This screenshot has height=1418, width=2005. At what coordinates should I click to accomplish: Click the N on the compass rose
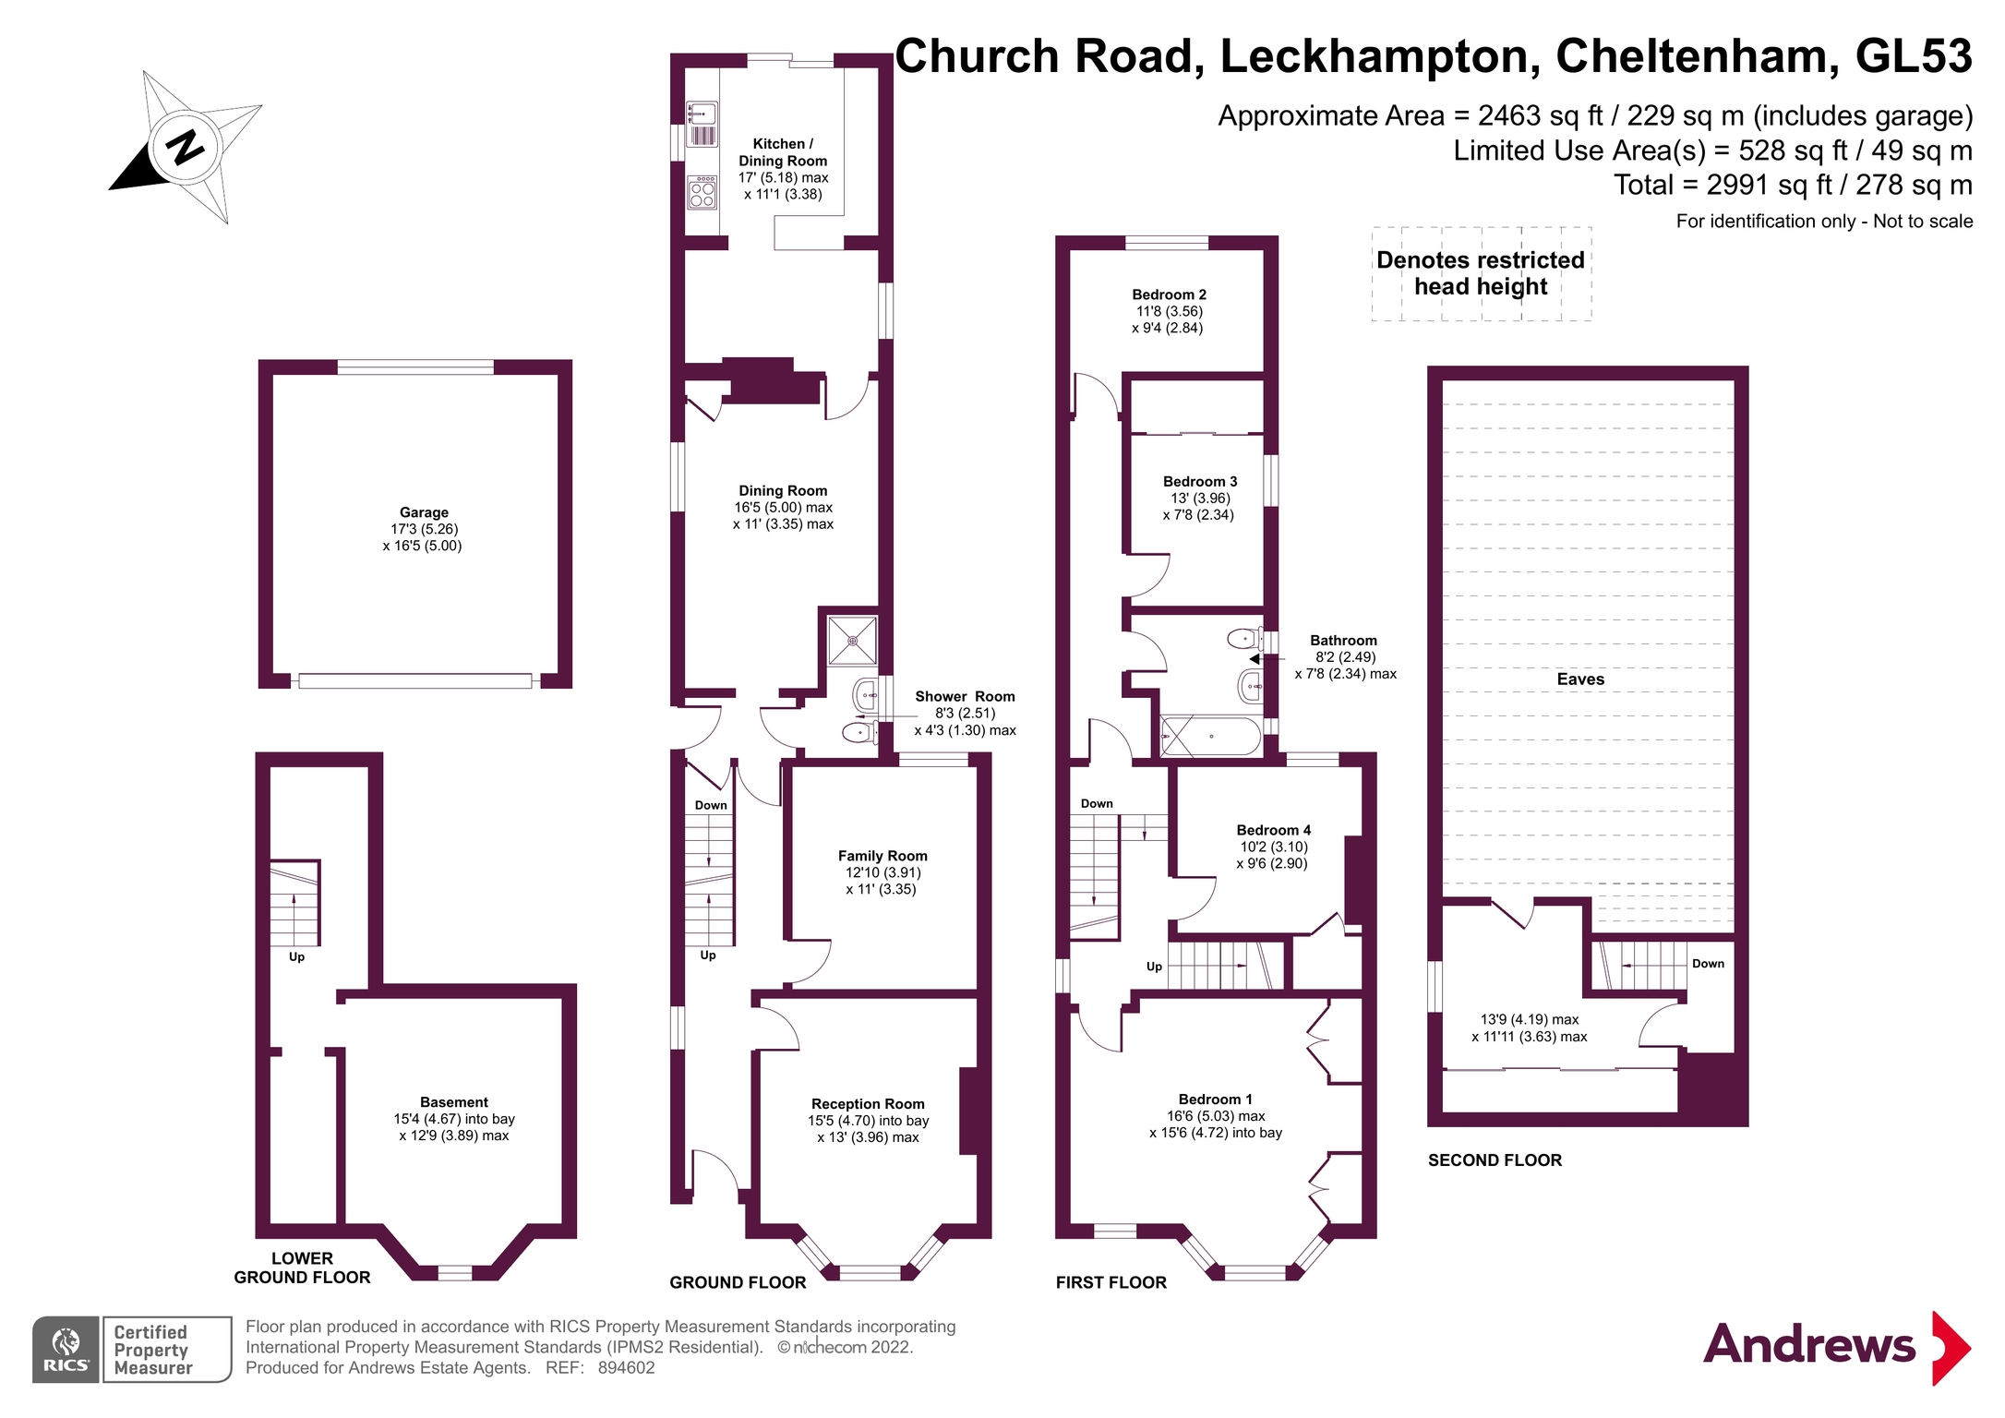(x=186, y=147)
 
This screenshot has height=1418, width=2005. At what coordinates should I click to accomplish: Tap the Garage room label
(x=424, y=512)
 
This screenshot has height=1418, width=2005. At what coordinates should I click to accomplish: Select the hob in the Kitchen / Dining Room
(x=702, y=193)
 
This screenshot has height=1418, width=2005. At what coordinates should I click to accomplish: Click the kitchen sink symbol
(x=702, y=115)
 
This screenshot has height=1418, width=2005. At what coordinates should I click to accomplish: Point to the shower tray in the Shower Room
(x=851, y=640)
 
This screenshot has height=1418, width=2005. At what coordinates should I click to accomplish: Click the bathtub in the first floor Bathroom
(x=1210, y=737)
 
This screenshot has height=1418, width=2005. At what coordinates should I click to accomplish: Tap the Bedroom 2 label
(x=1169, y=294)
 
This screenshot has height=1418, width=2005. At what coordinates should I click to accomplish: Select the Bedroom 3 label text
(x=1199, y=481)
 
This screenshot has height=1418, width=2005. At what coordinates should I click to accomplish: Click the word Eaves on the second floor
(x=1579, y=679)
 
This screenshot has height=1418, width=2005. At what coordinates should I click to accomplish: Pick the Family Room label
(x=882, y=856)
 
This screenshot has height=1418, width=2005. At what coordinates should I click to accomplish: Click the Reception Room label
(x=867, y=1103)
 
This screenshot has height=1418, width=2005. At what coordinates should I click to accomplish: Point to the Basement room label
(x=453, y=1101)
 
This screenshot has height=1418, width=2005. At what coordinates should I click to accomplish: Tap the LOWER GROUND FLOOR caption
(x=302, y=1268)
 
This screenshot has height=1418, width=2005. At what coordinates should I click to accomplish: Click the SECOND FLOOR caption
(x=1494, y=1160)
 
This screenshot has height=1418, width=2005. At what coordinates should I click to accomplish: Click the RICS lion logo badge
(x=66, y=1349)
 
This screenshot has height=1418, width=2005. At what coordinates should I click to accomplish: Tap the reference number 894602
(x=626, y=1368)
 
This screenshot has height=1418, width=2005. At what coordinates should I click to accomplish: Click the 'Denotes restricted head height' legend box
(x=1480, y=273)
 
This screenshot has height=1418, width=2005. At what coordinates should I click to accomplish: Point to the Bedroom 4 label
(x=1273, y=830)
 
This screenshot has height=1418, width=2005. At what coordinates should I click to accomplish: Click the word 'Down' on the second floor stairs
(x=1707, y=964)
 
